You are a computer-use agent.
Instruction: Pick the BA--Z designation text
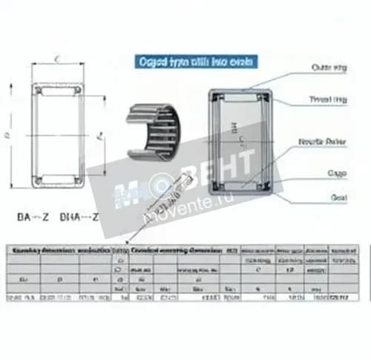[x=33, y=218]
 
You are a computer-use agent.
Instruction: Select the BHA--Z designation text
[x=77, y=218]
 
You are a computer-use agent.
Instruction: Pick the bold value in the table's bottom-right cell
[x=342, y=298]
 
